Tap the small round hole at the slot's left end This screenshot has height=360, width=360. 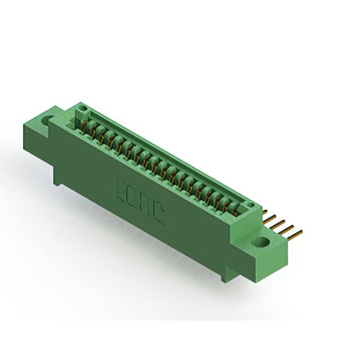(82, 107)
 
